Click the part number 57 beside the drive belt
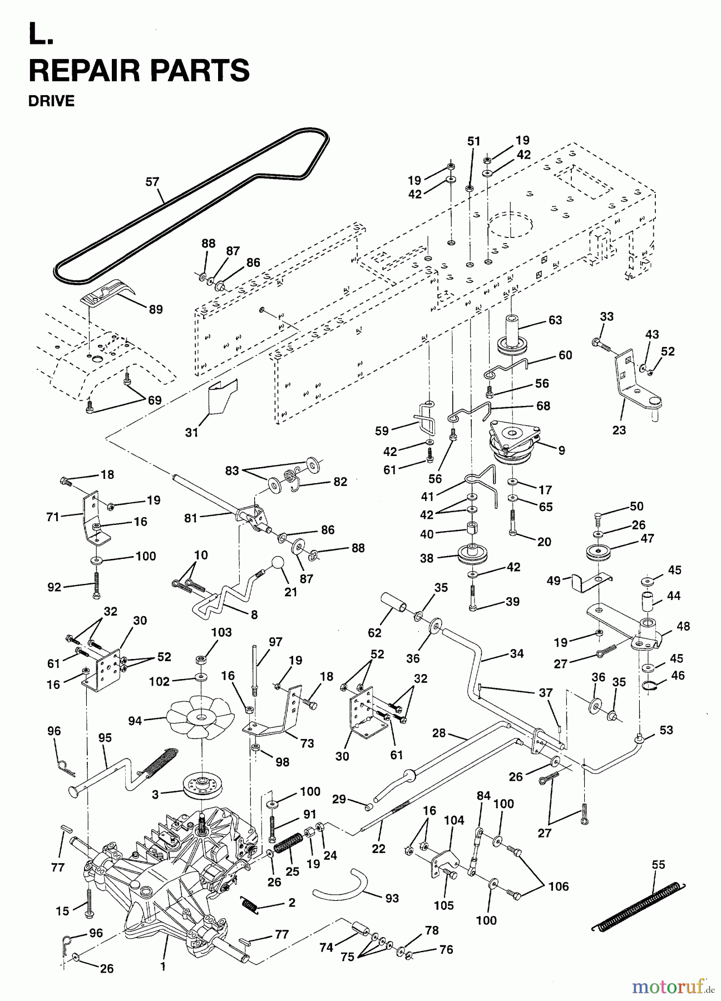point(152,182)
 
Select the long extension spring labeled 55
point(634,902)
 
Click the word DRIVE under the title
point(51,101)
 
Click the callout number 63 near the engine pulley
point(555,320)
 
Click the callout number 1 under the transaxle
point(163,967)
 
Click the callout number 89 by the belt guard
point(156,309)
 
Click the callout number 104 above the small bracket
point(453,820)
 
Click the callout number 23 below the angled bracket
point(619,430)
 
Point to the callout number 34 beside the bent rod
point(516,653)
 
